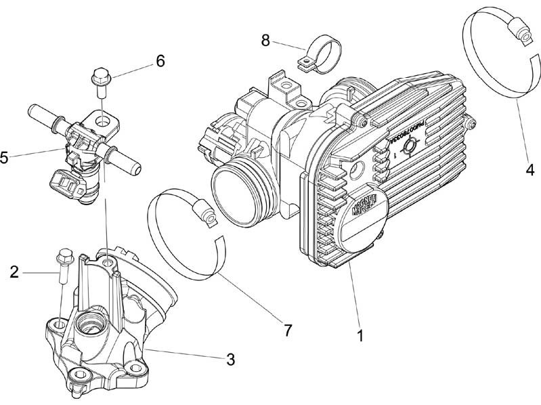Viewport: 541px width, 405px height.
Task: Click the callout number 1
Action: point(360,335)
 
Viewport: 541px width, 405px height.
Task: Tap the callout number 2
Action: point(14,272)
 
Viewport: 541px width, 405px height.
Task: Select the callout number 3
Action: point(230,360)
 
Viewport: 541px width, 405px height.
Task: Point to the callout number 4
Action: point(530,169)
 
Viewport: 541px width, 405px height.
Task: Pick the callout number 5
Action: point(5,158)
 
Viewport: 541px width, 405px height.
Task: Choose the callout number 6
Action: point(160,61)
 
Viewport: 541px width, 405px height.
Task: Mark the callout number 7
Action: point(287,331)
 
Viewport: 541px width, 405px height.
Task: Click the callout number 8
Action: point(266,40)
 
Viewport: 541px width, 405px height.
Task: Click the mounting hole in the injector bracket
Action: point(102,123)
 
